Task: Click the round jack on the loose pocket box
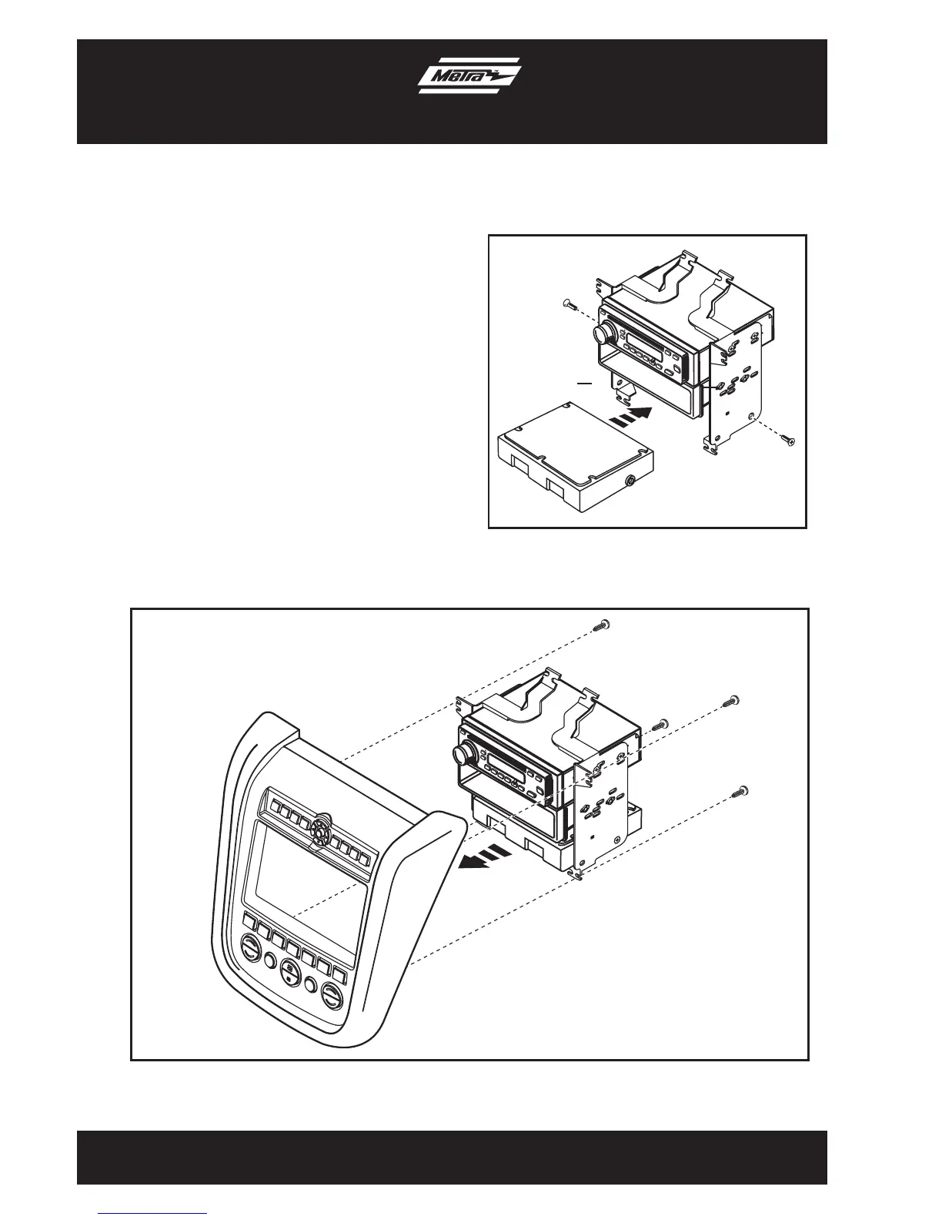coord(632,482)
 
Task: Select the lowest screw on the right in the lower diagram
coord(743,790)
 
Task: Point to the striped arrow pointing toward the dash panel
coord(483,858)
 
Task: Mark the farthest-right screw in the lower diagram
coord(731,702)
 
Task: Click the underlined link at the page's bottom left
coord(153,1214)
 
